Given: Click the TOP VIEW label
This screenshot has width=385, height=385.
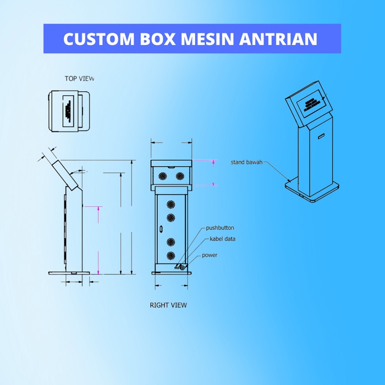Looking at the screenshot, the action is (80, 79).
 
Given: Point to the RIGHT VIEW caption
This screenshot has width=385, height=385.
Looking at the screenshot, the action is (168, 305).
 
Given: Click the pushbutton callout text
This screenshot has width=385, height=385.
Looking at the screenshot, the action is (220, 228).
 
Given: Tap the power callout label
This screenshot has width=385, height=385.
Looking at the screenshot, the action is (209, 255).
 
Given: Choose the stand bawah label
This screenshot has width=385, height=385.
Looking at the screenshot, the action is (246, 162).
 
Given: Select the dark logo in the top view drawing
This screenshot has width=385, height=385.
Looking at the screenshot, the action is (68, 111).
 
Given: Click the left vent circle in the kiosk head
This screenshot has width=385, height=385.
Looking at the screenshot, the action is (163, 176).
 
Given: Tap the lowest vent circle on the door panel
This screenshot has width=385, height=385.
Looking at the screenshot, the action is (170, 255).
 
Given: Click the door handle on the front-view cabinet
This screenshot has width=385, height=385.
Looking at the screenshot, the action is (161, 228).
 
